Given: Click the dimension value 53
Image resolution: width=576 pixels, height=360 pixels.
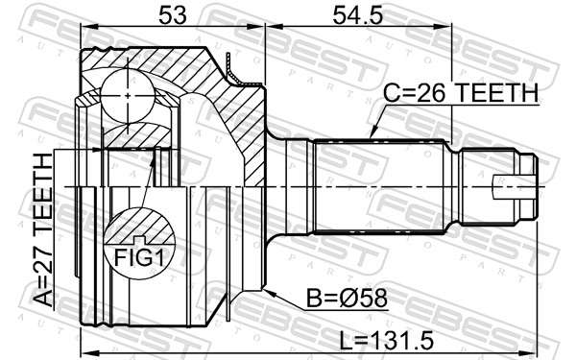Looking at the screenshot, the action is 172,15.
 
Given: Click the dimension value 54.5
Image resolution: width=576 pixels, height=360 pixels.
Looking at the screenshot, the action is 357,15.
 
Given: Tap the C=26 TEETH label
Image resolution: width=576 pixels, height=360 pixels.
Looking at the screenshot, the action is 461,92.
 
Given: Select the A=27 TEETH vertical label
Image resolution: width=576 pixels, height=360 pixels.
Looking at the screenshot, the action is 43,230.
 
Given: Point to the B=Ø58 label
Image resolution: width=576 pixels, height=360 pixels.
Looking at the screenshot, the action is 347,298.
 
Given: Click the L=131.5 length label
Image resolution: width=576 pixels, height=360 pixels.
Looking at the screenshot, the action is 387,340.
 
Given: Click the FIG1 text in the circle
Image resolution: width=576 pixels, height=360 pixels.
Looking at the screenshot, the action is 139,257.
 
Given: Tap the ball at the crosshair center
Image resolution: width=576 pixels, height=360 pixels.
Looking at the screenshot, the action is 127,96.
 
